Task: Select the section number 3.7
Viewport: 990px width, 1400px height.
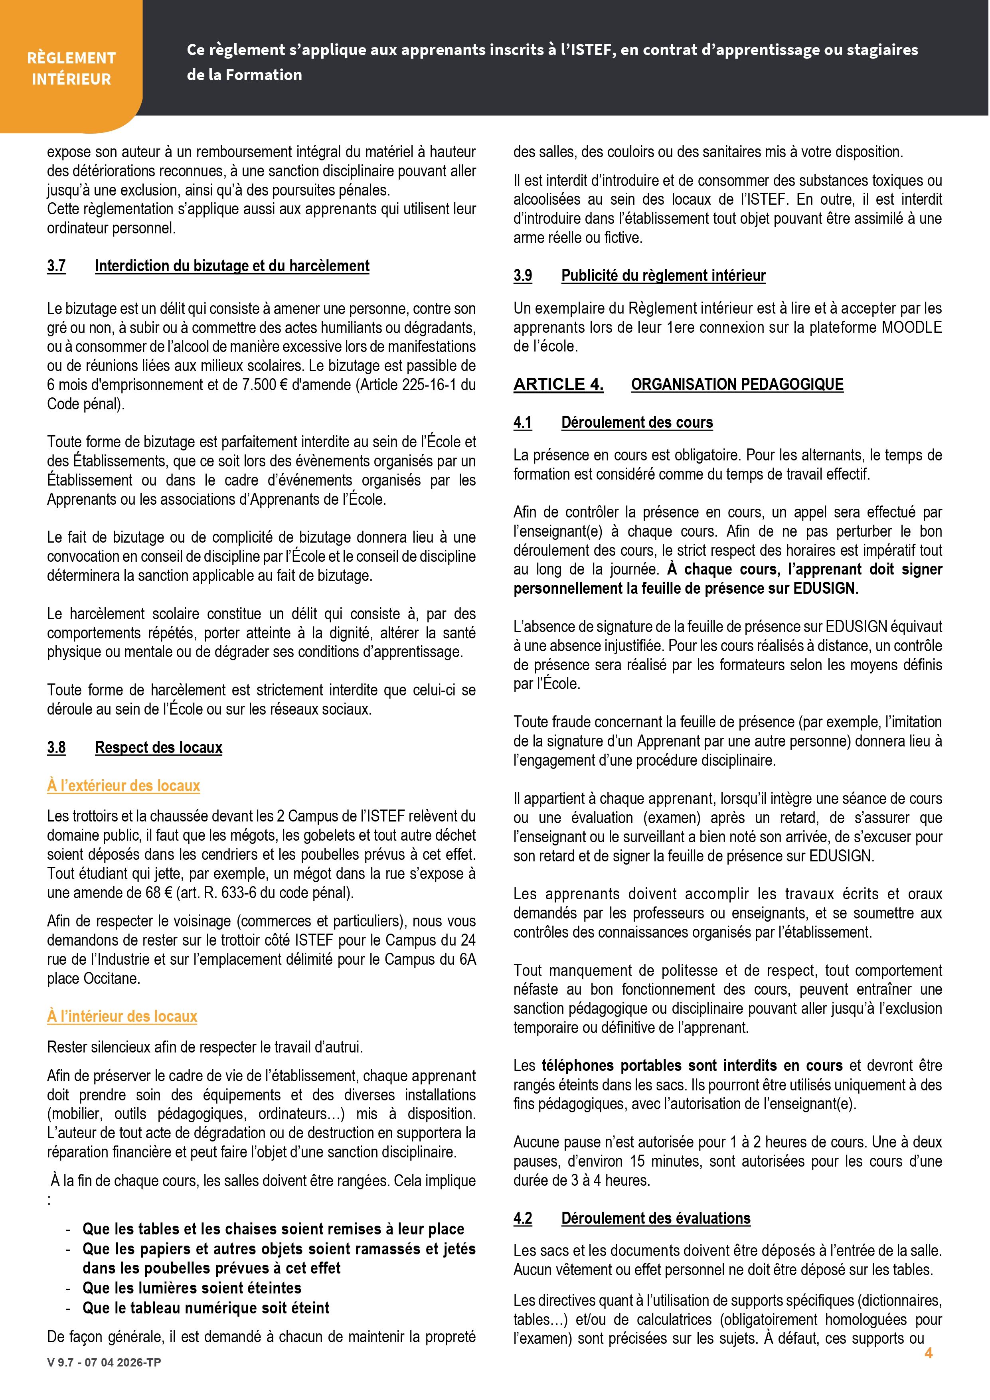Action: (x=56, y=266)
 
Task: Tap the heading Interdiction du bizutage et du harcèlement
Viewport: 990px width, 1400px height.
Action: (x=232, y=266)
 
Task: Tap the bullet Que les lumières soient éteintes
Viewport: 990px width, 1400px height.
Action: (x=192, y=1288)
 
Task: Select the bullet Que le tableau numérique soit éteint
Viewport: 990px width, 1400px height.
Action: (x=206, y=1307)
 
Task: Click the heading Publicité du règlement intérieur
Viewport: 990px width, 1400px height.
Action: (x=663, y=276)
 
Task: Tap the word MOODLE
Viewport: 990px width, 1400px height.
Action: (x=912, y=328)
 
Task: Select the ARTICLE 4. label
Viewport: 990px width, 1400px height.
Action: (x=558, y=384)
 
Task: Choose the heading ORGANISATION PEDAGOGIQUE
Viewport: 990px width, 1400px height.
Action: (x=737, y=384)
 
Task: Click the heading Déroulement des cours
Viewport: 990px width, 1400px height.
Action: (x=637, y=422)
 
